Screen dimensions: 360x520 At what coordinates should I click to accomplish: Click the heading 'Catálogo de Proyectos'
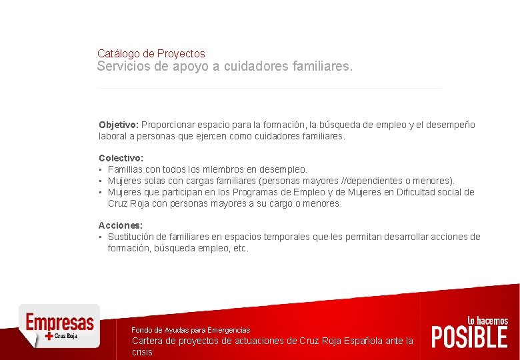tap(151, 53)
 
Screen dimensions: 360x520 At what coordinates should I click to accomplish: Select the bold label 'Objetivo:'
tap(119, 125)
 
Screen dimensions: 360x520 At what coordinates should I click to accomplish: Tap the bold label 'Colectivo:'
tap(121, 158)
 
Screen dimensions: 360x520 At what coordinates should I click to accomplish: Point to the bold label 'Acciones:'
tap(121, 225)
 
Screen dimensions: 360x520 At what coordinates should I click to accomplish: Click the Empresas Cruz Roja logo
tap(59, 325)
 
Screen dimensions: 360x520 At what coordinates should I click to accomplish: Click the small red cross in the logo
tap(49, 337)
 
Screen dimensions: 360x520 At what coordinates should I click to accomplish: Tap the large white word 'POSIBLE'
tap(469, 337)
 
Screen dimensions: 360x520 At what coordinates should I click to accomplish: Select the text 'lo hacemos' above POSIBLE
tap(487, 321)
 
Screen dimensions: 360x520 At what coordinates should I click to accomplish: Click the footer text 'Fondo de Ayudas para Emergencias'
tap(191, 330)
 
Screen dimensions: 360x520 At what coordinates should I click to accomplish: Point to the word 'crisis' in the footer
tap(142, 352)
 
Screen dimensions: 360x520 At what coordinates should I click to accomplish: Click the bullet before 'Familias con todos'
tap(101, 169)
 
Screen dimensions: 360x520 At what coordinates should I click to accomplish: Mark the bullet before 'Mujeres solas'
tap(101, 181)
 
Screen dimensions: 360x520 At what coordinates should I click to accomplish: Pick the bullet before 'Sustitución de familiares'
tap(101, 237)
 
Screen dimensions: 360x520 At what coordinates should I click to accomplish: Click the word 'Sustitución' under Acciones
tap(132, 237)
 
